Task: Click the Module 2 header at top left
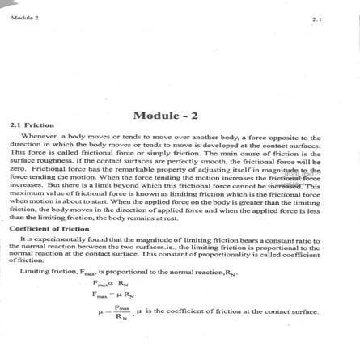click(x=24, y=16)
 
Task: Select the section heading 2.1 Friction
click(x=32, y=126)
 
